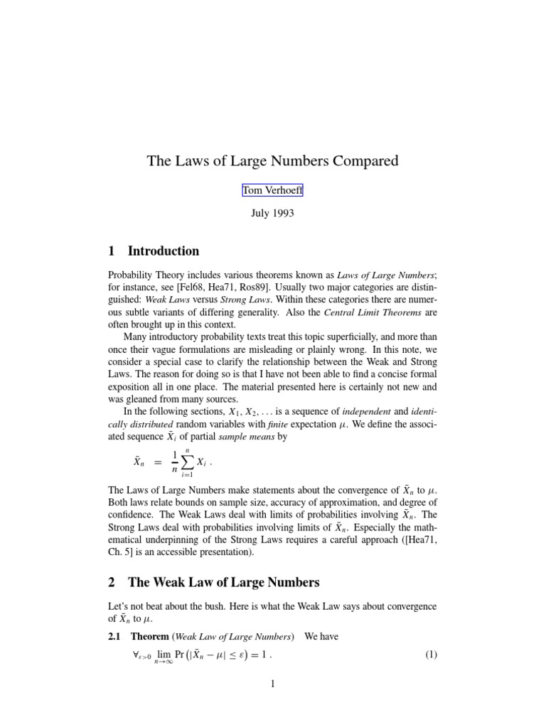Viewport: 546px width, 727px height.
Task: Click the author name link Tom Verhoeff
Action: pos(273,190)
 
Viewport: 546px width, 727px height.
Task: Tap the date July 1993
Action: pos(273,213)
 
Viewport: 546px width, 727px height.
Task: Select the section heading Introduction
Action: pos(164,251)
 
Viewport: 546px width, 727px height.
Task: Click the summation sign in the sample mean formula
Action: pos(186,462)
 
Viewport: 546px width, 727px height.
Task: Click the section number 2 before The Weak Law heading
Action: pos(112,583)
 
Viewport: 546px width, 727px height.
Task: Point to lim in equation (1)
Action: pos(164,655)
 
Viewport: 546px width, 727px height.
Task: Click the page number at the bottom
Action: pos(272,684)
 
